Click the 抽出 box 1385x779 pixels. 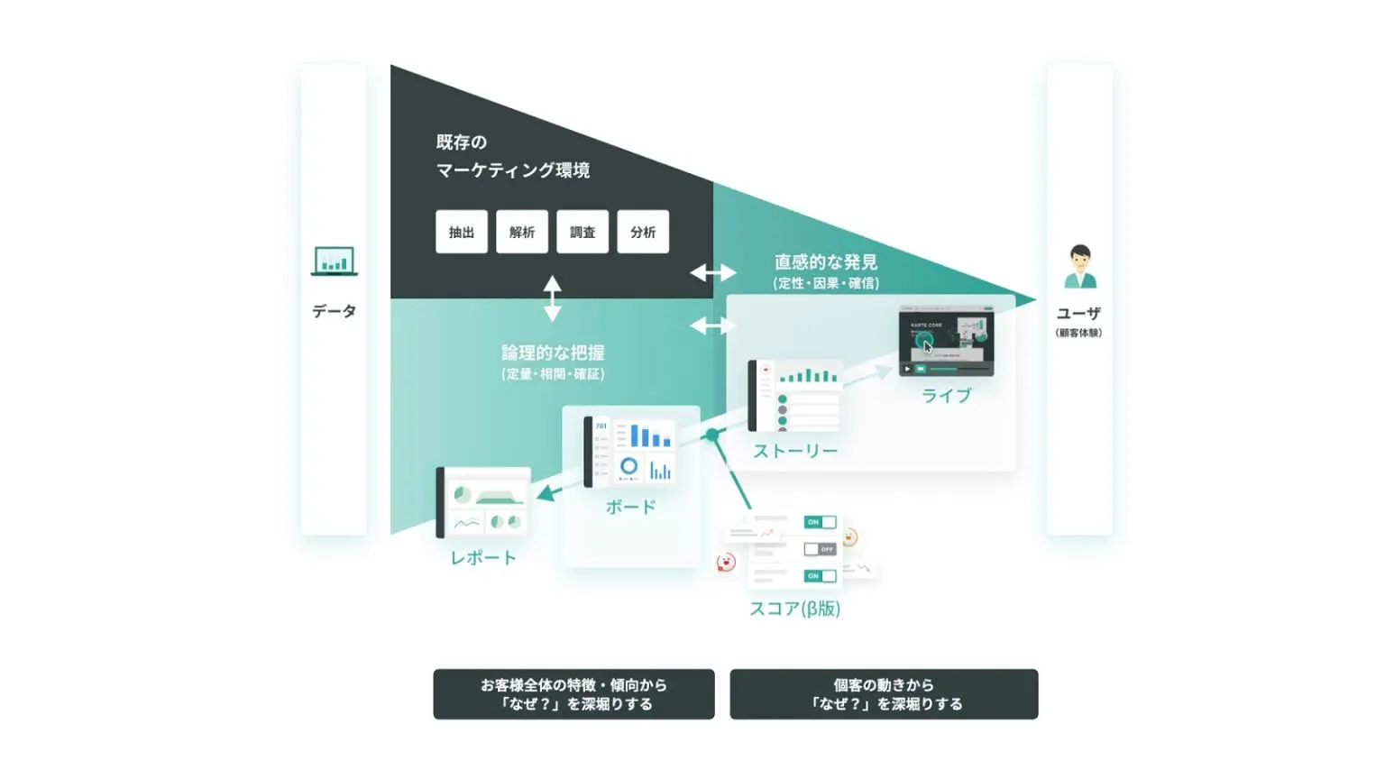pos(462,232)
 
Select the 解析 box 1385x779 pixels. pos(522,232)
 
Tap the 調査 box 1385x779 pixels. pos(582,232)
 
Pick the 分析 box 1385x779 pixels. pos(643,232)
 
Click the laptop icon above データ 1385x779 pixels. pos(334,261)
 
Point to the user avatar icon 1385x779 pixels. pos(1079,267)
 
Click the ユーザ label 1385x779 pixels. pos(1078,313)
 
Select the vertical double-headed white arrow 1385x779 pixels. pos(553,298)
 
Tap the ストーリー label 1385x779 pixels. pos(795,451)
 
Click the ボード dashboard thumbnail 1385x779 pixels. pos(630,451)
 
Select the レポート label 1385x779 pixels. pos(483,558)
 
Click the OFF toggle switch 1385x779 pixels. pos(820,548)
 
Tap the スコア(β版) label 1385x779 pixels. pos(794,609)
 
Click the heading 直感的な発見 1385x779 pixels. pos(826,262)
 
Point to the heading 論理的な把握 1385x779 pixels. pos(553,353)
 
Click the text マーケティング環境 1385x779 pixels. pos(513,170)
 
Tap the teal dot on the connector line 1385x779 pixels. pos(712,435)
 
